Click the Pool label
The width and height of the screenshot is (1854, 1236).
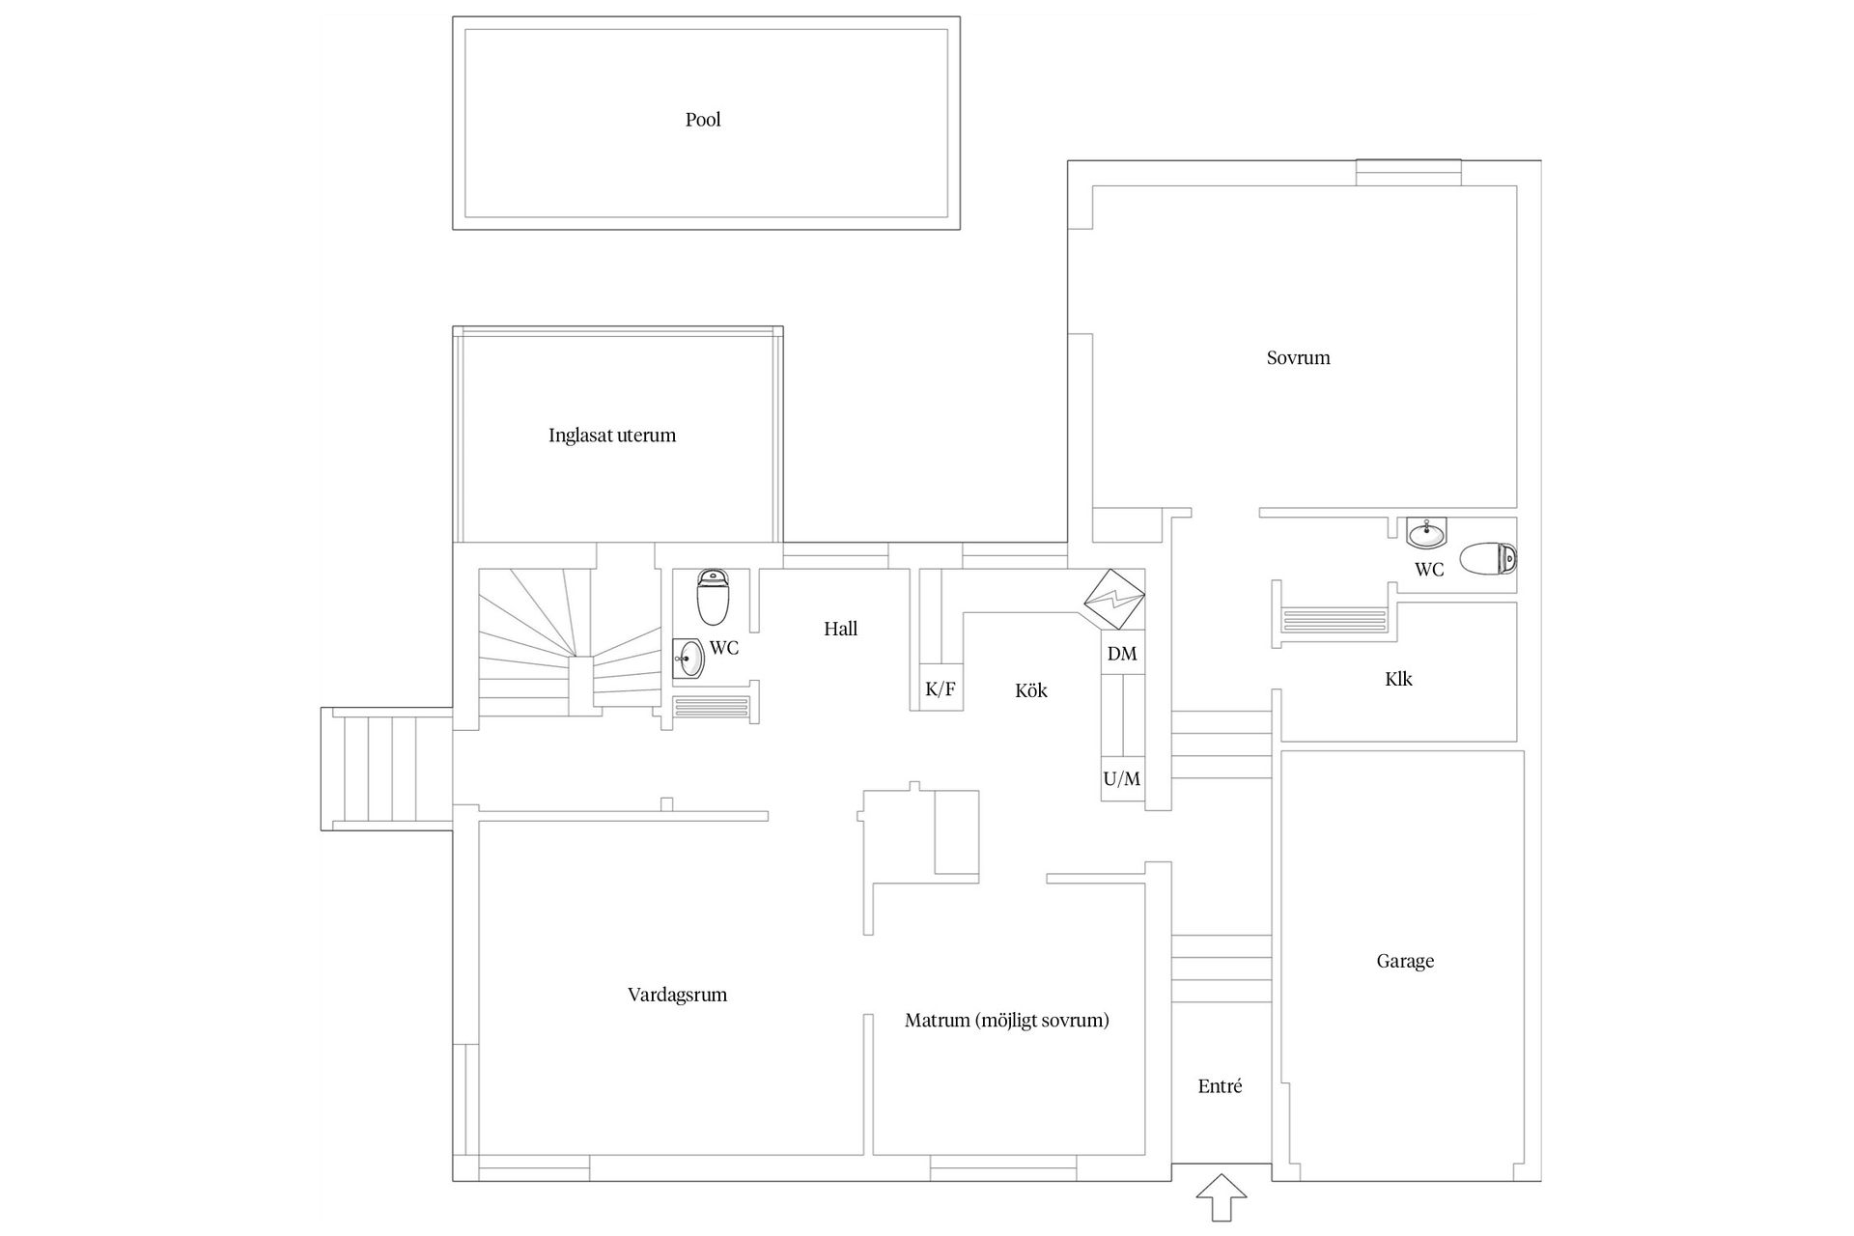703,120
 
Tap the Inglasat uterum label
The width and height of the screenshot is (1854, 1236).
612,435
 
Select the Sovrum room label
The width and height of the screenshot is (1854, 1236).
1298,358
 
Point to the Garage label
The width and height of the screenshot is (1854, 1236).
1405,961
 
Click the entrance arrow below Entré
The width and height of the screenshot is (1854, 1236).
1222,1198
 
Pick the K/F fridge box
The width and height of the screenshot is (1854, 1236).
941,688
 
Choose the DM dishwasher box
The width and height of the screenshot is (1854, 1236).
1122,654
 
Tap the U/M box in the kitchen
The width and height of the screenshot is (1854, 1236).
1122,778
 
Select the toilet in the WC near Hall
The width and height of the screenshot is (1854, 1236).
713,598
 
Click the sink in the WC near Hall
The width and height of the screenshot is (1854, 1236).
689,660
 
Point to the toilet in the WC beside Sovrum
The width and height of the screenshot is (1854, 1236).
1488,559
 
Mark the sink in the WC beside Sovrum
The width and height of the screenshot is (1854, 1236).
1426,532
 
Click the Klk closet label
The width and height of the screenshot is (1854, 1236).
1398,680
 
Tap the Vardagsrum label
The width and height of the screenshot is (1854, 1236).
677,996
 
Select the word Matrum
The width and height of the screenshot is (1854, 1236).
938,1021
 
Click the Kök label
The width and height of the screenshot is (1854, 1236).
1031,691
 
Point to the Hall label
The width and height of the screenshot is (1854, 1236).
840,630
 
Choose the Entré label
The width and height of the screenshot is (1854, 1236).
1220,1086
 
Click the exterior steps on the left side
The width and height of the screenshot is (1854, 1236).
387,769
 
